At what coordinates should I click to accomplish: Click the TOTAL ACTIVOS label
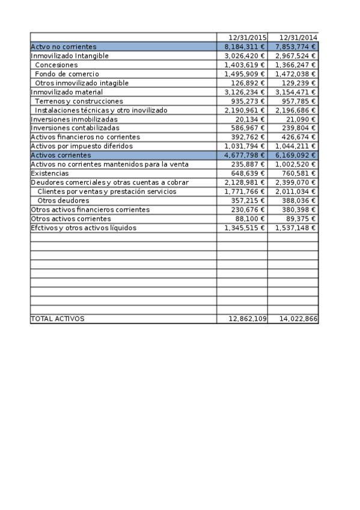tap(58, 319)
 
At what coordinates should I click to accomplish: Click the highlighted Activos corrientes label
tap(61, 155)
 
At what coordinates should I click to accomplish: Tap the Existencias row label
tap(50, 173)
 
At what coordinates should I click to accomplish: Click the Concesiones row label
tap(56, 64)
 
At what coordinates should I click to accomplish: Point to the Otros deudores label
tap(63, 200)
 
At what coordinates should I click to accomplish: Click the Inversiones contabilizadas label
tap(75, 128)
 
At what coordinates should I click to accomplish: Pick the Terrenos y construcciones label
tap(79, 101)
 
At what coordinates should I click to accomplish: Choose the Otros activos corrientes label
tap(71, 218)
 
